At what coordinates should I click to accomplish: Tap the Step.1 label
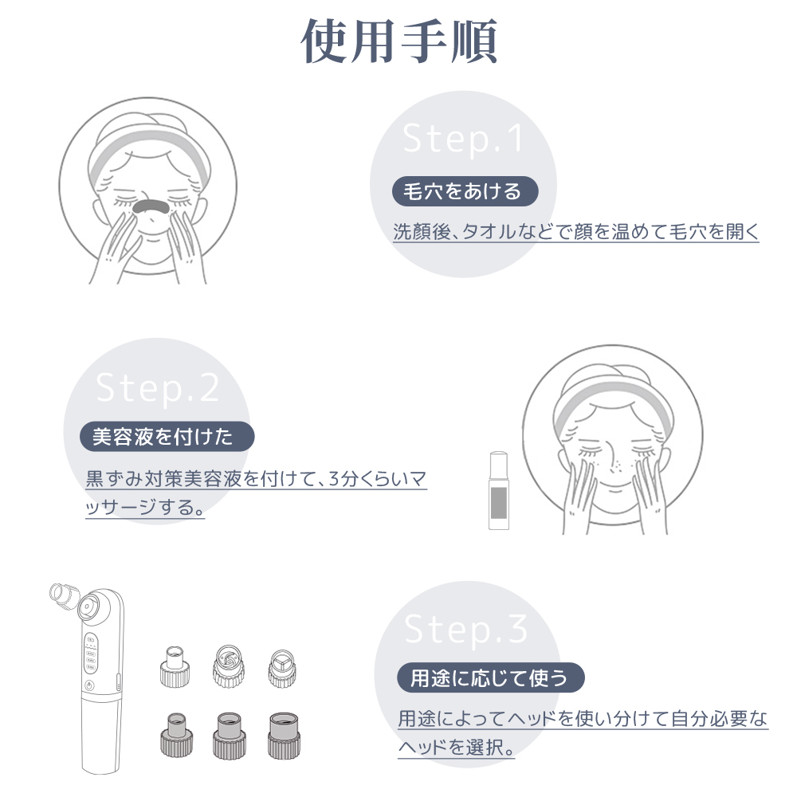(x=463, y=139)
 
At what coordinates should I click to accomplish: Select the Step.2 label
(x=157, y=387)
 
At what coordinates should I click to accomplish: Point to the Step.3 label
(x=466, y=630)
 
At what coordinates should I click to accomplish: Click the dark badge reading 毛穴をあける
(x=465, y=191)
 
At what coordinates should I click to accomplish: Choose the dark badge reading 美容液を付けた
(x=167, y=437)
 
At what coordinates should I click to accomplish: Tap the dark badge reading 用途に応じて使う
(x=490, y=678)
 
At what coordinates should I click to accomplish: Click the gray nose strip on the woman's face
(x=149, y=207)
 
